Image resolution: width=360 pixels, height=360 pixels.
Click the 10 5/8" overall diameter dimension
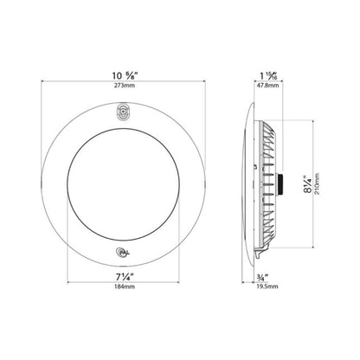click(125, 76)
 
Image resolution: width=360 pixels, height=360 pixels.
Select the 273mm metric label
click(124, 86)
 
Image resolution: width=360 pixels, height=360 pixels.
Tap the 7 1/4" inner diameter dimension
click(125, 277)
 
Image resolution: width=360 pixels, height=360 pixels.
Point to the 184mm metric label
click(124, 286)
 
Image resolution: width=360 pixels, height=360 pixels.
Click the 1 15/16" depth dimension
click(268, 76)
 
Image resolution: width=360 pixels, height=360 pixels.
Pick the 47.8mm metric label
click(267, 86)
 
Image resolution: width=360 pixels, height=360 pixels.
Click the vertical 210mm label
click(317, 184)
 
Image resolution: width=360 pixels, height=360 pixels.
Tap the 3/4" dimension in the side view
click(262, 278)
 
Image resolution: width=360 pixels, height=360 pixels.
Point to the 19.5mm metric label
click(267, 286)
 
